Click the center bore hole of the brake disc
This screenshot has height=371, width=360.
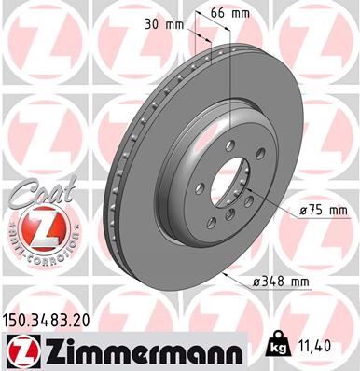point(223,190)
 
